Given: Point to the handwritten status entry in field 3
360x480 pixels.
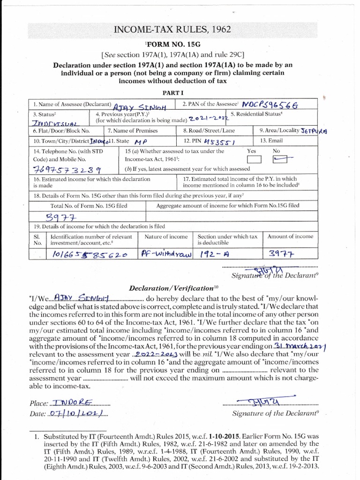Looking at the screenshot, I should pos(53,123).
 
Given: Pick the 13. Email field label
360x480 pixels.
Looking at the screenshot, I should pos(273,141).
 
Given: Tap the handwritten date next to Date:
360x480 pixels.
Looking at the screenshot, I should pos(75,414).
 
